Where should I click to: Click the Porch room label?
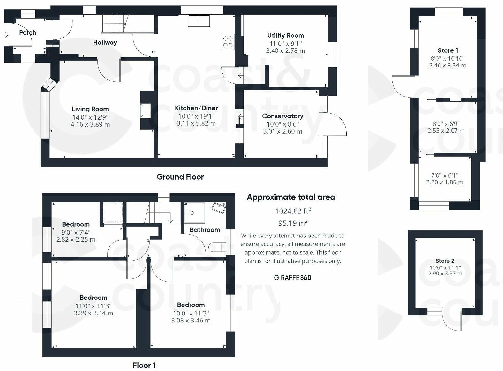tap(27, 33)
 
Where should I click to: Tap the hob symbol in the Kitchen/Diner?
tap(228, 42)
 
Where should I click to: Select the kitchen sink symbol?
tap(199, 20)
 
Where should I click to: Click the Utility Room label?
tap(285, 35)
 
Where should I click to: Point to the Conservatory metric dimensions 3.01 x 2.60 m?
tap(282, 131)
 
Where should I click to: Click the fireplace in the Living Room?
tap(145, 110)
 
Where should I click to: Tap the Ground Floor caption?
tap(180, 177)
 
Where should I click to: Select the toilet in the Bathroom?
tap(218, 247)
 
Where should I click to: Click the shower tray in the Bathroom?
tap(194, 213)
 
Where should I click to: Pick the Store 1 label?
tap(448, 50)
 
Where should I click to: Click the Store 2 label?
tap(445, 261)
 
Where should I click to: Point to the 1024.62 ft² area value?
tap(293, 211)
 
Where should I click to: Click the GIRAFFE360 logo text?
tap(292, 278)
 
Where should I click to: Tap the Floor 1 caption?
tap(144, 365)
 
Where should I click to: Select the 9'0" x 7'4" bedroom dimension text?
tap(76, 232)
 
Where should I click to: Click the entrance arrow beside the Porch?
tap(6, 35)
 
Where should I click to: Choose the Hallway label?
tap(105, 43)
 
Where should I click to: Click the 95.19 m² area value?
tap(293, 223)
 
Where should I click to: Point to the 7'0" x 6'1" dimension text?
tap(445, 175)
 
